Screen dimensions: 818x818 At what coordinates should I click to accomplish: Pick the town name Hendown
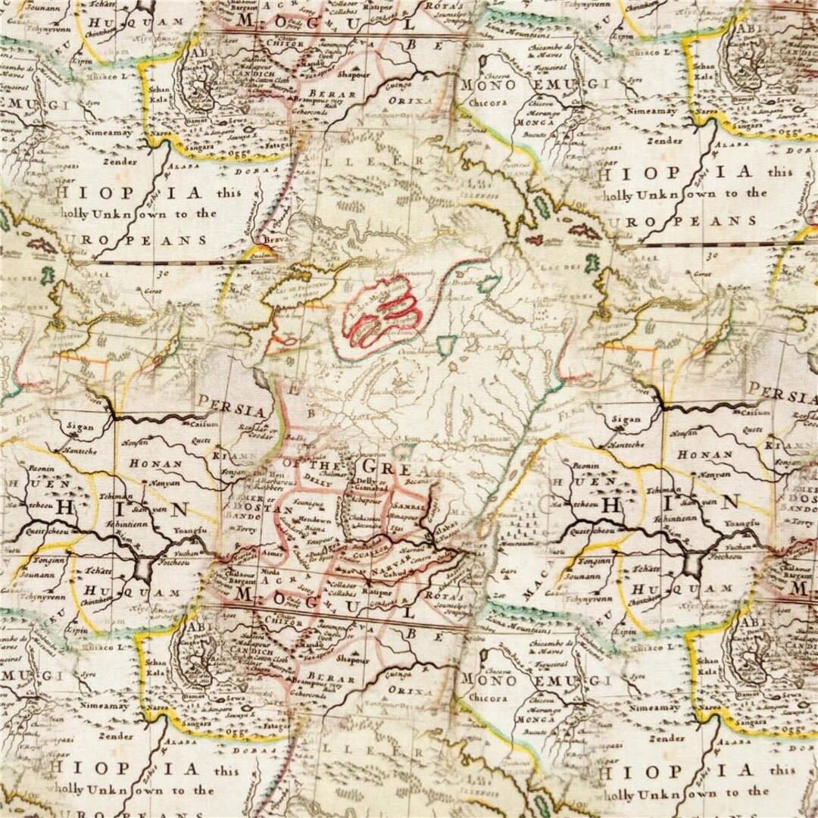pos(314,521)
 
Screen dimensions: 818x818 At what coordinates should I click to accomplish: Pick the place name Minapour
pos(402,516)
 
